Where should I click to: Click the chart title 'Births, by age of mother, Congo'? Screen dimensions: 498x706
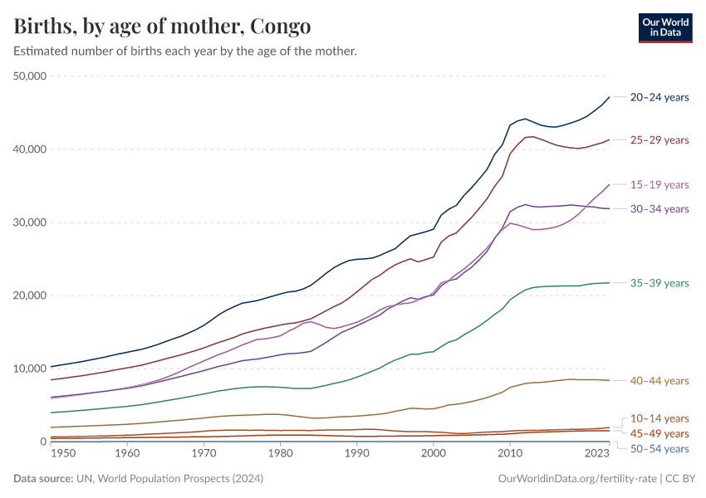pos(163,27)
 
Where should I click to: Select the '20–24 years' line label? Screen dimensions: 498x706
pos(659,97)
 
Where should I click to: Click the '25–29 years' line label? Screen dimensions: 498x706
pos(659,139)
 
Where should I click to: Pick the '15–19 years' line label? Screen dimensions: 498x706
pos(659,184)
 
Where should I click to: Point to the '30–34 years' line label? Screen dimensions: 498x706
pos(659,208)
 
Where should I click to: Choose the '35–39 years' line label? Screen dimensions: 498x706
pos(659,283)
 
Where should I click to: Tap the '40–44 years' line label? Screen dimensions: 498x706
pos(659,380)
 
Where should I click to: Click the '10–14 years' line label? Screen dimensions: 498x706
pos(659,418)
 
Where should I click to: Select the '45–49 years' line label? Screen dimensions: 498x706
pos(659,433)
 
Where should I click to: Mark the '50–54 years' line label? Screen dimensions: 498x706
pos(659,449)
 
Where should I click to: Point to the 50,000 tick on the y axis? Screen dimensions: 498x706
pos(31,76)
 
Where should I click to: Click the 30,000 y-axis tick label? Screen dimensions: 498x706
pos(31,222)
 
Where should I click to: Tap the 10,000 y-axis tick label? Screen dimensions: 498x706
pos(31,369)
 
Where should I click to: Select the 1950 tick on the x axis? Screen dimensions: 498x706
pos(51,454)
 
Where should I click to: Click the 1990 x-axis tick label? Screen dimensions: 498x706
pos(356,454)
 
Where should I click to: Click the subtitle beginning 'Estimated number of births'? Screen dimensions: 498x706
pos(185,51)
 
